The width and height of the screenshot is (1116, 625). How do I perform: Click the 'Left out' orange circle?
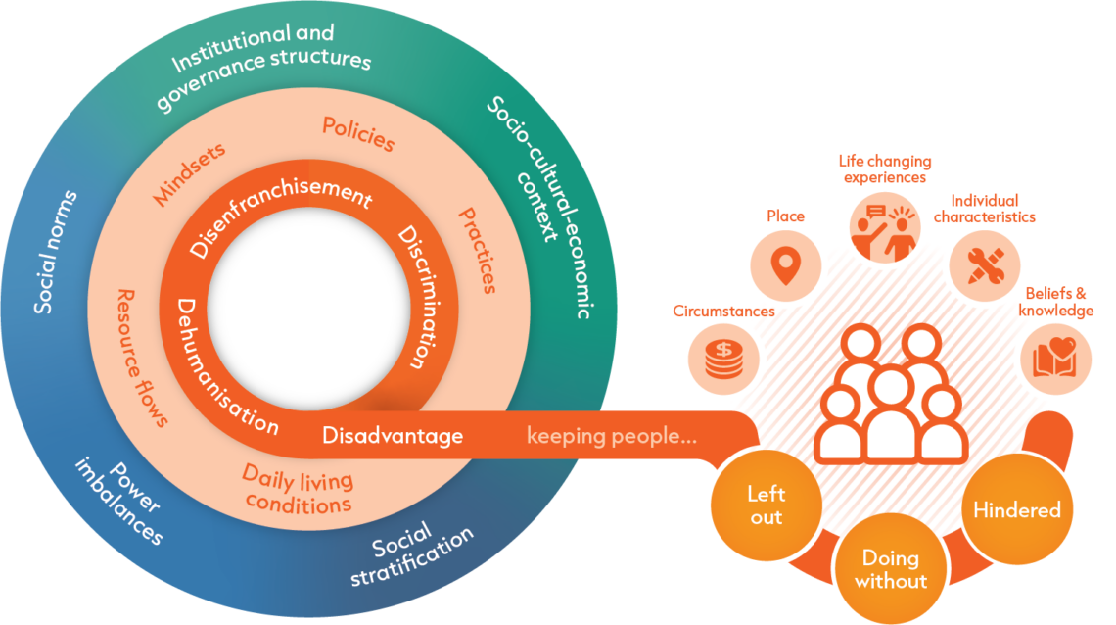(766, 505)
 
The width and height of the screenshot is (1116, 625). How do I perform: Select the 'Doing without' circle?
(890, 569)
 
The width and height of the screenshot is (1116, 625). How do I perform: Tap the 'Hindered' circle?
(1016, 510)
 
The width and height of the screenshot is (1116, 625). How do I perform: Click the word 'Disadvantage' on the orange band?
(393, 436)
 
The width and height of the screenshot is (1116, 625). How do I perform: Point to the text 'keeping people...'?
(612, 436)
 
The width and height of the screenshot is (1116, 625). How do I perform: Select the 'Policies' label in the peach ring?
(358, 135)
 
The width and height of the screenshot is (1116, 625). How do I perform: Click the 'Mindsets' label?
(188, 175)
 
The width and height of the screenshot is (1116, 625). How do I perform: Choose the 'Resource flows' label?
(141, 358)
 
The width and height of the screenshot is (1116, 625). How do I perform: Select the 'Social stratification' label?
(421, 553)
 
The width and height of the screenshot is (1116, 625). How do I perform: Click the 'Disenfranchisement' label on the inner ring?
(280, 216)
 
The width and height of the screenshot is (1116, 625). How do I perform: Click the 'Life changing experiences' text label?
(884, 169)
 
